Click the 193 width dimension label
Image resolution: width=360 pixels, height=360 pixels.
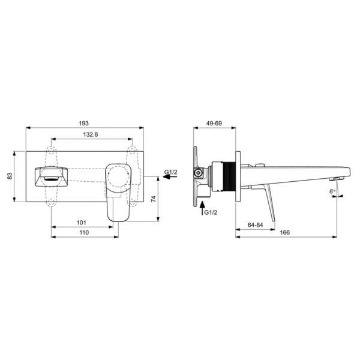[x=83, y=123]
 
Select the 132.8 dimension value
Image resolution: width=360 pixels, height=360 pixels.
[x=91, y=134]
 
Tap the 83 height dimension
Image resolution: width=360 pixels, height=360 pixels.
[x=10, y=176]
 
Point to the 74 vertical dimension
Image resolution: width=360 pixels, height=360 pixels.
[x=154, y=199]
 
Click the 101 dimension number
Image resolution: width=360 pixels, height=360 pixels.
[x=81, y=223]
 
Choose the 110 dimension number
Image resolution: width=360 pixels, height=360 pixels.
[x=84, y=233]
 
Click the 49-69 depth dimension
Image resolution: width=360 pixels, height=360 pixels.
[x=214, y=123]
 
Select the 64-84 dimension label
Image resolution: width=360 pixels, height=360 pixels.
[x=255, y=225]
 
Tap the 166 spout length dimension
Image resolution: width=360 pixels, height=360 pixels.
[x=285, y=233]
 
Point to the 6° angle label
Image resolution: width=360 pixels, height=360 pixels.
[x=332, y=191]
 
